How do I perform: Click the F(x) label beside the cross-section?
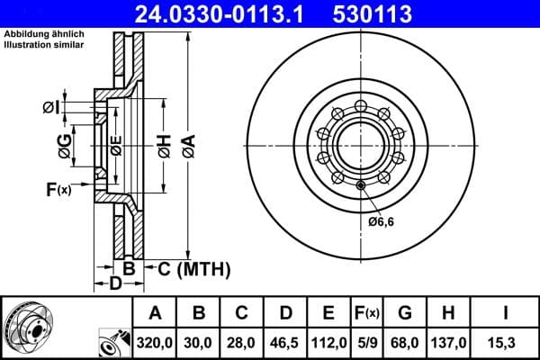pyautogui.click(x=58, y=189)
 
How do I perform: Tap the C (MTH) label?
pyautogui.click(x=192, y=268)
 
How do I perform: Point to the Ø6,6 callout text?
pyautogui.click(x=382, y=221)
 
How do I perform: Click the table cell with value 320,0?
pyautogui.click(x=155, y=343)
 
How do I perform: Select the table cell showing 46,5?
pyautogui.click(x=285, y=343)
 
